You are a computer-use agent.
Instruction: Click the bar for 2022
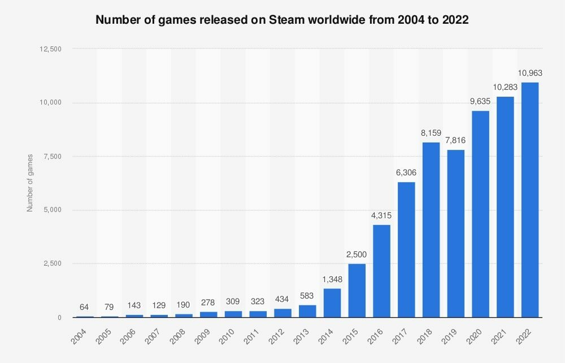coord(529,200)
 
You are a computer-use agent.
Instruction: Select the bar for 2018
coord(431,230)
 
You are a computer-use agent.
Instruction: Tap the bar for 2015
coord(357,291)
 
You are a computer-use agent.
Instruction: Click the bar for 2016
coord(381,271)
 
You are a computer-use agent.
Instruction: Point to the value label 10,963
coord(529,74)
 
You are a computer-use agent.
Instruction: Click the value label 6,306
coord(406,173)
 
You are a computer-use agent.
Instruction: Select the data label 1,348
coord(332,279)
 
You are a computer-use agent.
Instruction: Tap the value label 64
coord(84,308)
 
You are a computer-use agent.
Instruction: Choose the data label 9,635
coord(480,102)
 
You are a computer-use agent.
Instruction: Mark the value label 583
coord(307,296)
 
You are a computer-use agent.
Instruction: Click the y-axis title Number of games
coord(30,183)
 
